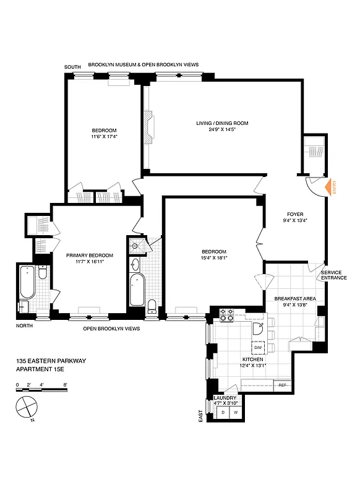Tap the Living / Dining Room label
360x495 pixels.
pyautogui.click(x=219, y=123)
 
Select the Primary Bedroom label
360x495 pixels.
pyautogui.click(x=90, y=255)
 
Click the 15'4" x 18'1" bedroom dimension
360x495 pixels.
pyautogui.click(x=214, y=258)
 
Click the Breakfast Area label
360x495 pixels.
pyautogui.click(x=294, y=298)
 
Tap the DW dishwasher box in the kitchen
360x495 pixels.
pyautogui.click(x=257, y=346)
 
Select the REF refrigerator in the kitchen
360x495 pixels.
pyautogui.click(x=282, y=385)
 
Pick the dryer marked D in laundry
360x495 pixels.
pyautogui.click(x=223, y=411)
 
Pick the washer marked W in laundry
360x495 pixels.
pyautogui.click(x=236, y=411)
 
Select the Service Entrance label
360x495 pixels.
pyautogui.click(x=333, y=275)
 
